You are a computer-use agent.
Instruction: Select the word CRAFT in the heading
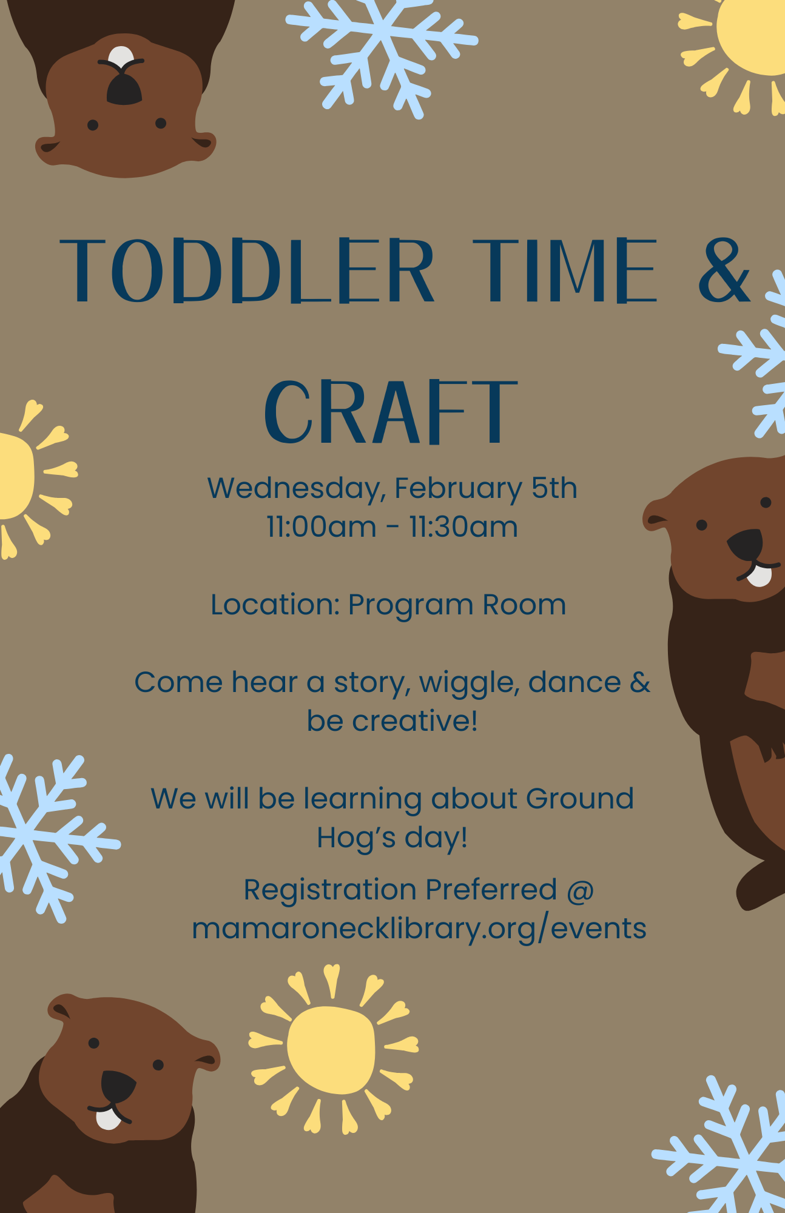pyautogui.click(x=391, y=411)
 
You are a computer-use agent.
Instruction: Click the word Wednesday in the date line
pyautogui.click(x=297, y=489)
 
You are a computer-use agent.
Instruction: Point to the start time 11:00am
pyautogui.click(x=322, y=526)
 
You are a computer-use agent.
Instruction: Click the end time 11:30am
pyautogui.click(x=463, y=526)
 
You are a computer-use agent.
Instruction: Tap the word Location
pyautogui.click(x=275, y=605)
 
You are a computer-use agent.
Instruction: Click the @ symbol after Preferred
pyautogui.click(x=581, y=891)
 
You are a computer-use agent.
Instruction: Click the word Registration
pyautogui.click(x=330, y=891)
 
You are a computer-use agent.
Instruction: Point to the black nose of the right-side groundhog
pyautogui.click(x=745, y=544)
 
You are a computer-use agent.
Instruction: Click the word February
pyautogui.click(x=459, y=489)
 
